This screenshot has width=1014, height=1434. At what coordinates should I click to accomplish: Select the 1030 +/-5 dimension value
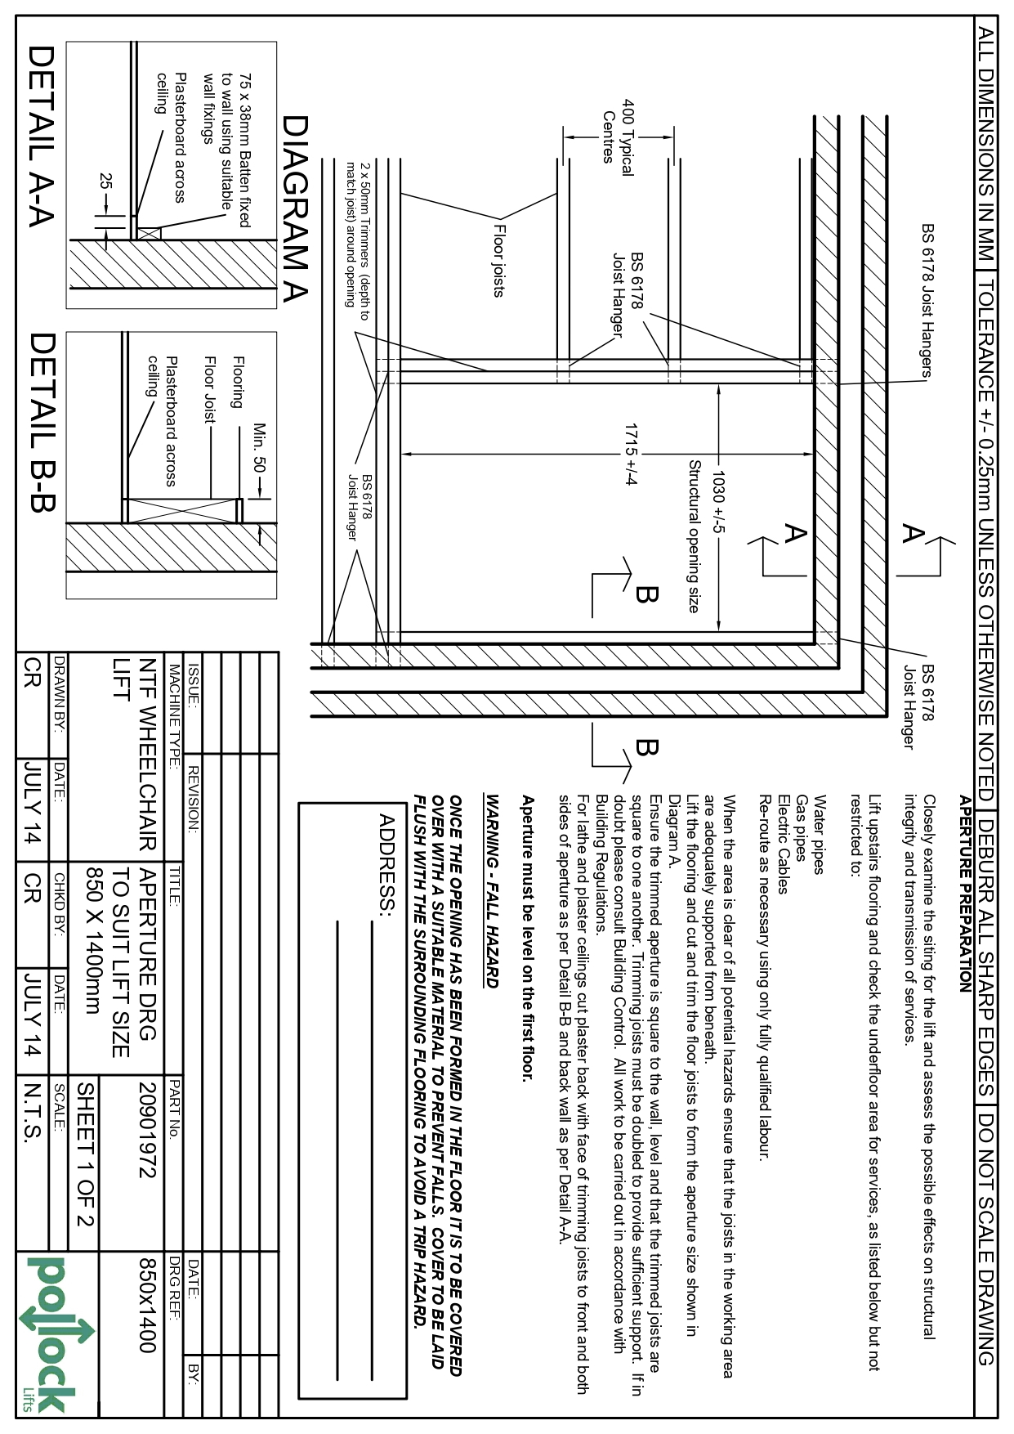(x=718, y=501)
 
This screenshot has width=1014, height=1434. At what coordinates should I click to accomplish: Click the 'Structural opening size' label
(x=694, y=536)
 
